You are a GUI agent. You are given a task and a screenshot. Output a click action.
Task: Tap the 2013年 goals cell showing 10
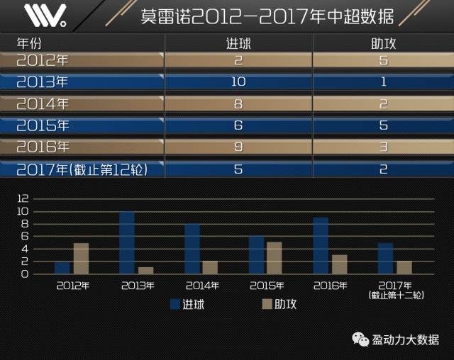coord(238,81)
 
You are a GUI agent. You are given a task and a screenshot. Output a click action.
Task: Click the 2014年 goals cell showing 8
coord(238,103)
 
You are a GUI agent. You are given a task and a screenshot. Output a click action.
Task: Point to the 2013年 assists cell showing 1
coord(383,81)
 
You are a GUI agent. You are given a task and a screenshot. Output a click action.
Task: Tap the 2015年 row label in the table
coord(43,125)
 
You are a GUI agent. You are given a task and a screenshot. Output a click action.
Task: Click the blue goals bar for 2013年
coord(127,243)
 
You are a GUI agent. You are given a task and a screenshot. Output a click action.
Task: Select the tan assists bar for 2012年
coord(81,259)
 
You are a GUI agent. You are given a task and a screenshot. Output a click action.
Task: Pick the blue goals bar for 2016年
coord(321,246)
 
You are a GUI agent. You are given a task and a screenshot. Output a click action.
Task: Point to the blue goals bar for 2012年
coord(62,268)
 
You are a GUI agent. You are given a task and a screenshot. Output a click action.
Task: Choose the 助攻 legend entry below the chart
coord(279,304)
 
